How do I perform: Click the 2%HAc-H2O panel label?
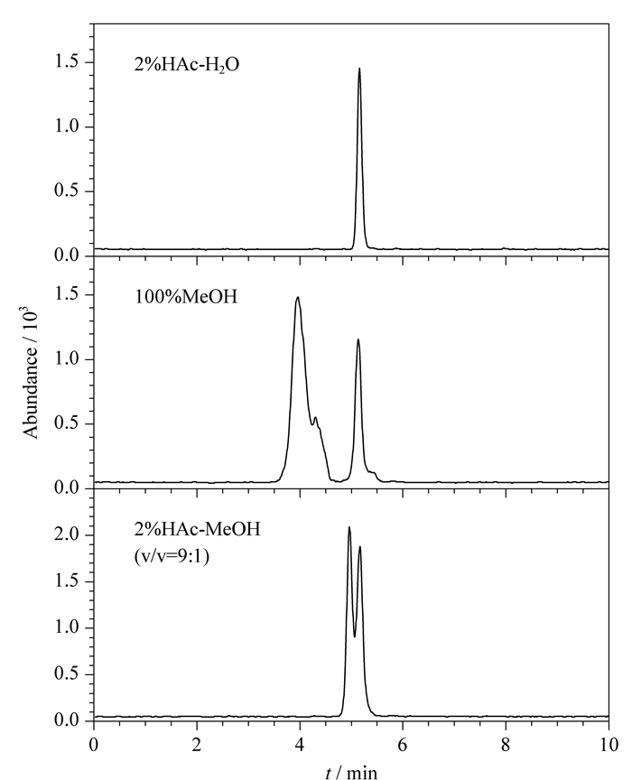pos(187,65)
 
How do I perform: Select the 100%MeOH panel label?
pos(186,297)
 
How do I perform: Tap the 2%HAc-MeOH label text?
pos(198,529)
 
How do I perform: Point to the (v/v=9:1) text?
pos(172,556)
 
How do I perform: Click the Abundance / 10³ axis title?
pos(31,373)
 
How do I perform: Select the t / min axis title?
pos(351,773)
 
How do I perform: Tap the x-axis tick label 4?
pos(300,745)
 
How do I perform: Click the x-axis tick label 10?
pos(609,745)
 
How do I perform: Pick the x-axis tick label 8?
pos(506,745)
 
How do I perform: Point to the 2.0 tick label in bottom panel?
pos(66,534)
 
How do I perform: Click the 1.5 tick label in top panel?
pos(66,62)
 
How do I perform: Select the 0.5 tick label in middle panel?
pos(66,423)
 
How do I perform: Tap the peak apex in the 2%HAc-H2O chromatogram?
pos(359,69)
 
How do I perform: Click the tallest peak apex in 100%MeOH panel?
pos(298,298)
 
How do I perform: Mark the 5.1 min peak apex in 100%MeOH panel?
pos(358,339)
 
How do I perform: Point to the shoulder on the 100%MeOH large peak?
pos(315,417)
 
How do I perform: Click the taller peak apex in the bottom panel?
pos(349,527)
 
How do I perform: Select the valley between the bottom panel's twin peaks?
pos(354,636)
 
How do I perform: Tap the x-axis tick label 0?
pos(94,745)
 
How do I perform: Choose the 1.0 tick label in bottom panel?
pos(66,627)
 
